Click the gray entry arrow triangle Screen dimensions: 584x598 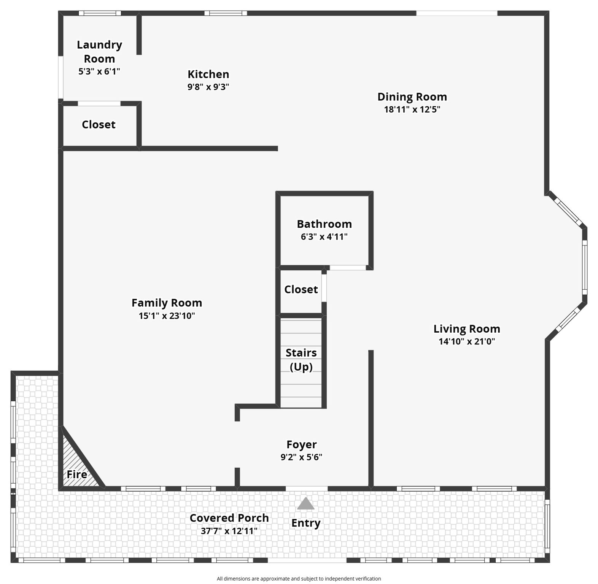pos(305,504)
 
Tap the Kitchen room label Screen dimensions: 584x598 pos(208,74)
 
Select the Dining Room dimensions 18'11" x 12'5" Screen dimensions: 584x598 pos(412,109)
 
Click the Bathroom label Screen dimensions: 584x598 pos(324,224)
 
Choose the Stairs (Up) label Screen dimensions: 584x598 pos(301,360)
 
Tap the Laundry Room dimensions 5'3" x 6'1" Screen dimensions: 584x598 pos(99,71)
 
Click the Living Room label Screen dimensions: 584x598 pos(466,329)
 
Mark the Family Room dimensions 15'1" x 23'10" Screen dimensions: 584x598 pos(167,316)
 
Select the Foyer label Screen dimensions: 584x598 pos(301,444)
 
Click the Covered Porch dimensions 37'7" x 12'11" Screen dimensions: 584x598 pos(229,531)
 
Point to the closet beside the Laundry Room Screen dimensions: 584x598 pos(99,125)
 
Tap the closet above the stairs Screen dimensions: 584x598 pos(301,290)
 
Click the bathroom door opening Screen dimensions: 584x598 pos(347,268)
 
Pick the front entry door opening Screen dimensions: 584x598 pos(306,489)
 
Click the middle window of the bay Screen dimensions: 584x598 pos(584,267)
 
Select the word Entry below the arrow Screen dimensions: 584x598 pos(305,523)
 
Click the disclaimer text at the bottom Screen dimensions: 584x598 pos(299,579)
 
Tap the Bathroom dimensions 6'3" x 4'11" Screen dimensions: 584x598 pos(324,237)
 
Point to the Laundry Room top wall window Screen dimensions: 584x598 pos(100,13)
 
